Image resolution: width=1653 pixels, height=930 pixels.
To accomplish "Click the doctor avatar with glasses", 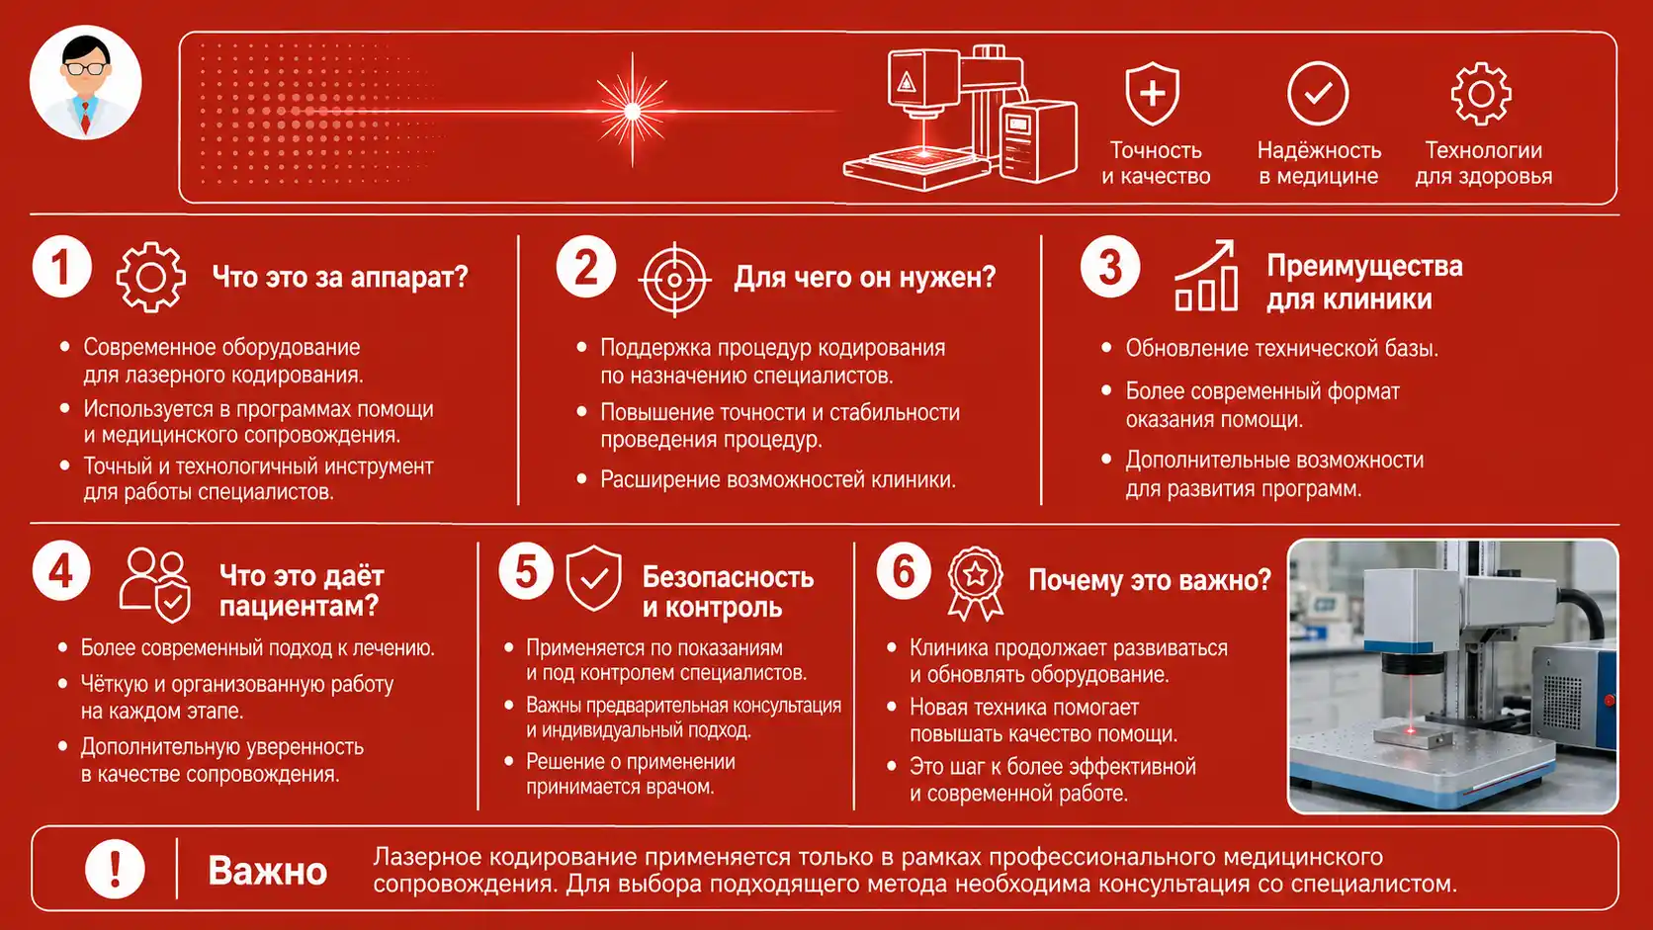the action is point(86,83).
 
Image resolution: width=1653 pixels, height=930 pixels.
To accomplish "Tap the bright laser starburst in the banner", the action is point(633,112).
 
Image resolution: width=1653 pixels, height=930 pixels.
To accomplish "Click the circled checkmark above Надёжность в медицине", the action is point(1318,94).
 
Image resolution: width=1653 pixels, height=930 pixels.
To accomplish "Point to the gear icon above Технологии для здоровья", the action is point(1481,95).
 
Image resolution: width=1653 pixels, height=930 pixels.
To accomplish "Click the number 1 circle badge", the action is point(62,267).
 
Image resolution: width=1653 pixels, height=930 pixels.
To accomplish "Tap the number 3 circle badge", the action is point(1110,267).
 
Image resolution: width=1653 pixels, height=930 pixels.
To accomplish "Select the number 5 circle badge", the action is point(526,571).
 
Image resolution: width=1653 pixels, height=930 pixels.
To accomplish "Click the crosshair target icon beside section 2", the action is point(674,280).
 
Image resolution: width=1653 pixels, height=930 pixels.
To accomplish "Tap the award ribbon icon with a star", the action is point(976,583).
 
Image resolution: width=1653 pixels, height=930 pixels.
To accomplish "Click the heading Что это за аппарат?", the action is point(340,278).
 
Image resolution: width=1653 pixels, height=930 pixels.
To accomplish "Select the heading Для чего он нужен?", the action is point(865,278).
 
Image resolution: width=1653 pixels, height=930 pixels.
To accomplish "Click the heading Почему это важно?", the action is point(1150,580).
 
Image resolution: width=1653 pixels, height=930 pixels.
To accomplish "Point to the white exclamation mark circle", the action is point(115,869).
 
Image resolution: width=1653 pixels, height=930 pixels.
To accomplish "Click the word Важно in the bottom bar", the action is point(267,871).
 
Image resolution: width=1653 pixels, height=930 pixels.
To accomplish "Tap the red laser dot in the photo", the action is point(1411,730).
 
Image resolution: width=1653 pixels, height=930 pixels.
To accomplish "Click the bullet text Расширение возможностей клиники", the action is point(778,480).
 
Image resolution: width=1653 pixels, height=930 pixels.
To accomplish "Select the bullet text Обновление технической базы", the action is point(1282,348).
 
